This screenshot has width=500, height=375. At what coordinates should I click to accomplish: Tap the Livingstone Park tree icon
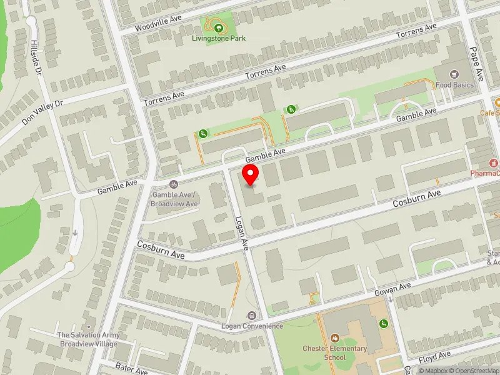click(218, 27)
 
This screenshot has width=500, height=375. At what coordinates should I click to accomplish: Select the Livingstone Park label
click(219, 38)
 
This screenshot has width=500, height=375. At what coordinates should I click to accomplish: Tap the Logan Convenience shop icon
click(251, 316)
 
